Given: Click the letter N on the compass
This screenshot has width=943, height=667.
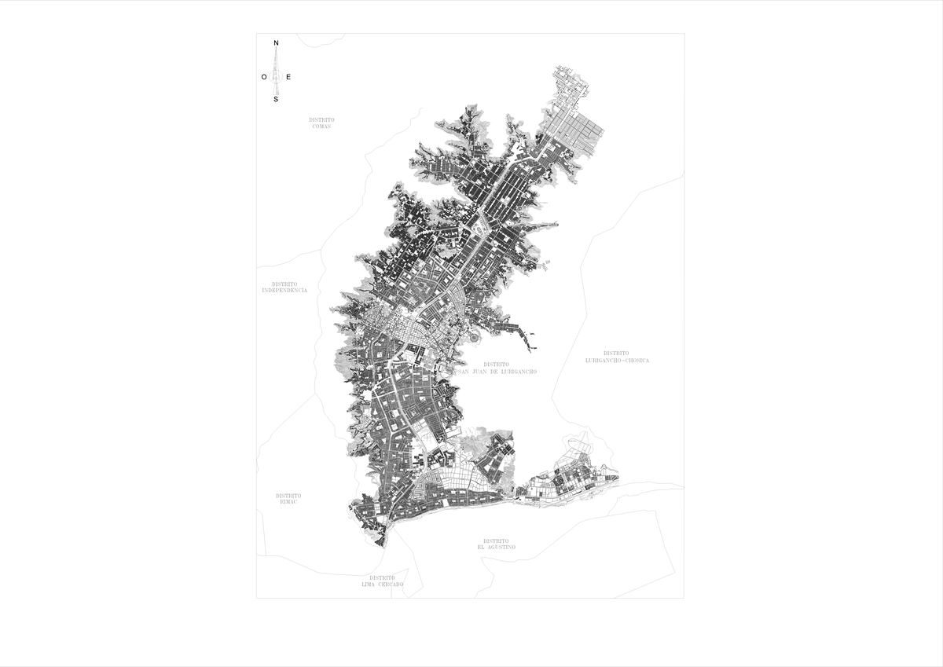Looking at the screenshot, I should [276, 42].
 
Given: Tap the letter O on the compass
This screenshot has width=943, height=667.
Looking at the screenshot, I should [264, 76].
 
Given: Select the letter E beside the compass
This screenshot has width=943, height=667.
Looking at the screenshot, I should [288, 76].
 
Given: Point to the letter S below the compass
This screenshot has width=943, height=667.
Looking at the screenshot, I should [276, 100].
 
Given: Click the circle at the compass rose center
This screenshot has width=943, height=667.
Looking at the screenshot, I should [276, 76].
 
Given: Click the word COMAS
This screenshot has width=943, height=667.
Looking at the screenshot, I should [321, 126].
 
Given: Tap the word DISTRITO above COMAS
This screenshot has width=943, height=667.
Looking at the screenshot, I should [321, 119].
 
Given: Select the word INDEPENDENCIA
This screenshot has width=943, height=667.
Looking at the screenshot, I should [284, 291].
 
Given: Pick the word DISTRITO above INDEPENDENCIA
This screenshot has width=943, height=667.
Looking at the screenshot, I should [284, 284].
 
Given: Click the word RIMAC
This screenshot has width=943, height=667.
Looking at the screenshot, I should [288, 502].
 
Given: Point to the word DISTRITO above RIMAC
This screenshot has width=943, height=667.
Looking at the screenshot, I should [288, 496].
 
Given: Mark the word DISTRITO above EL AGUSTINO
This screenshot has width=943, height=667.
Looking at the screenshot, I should [497, 541].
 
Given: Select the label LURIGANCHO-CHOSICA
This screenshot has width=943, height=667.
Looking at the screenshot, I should [617, 361].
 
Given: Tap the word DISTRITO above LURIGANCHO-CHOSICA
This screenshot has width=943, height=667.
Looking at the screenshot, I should [617, 354].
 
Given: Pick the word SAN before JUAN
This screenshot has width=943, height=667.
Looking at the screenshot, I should [462, 372].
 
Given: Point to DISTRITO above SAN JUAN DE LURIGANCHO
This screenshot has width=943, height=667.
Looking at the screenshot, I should [497, 365].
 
